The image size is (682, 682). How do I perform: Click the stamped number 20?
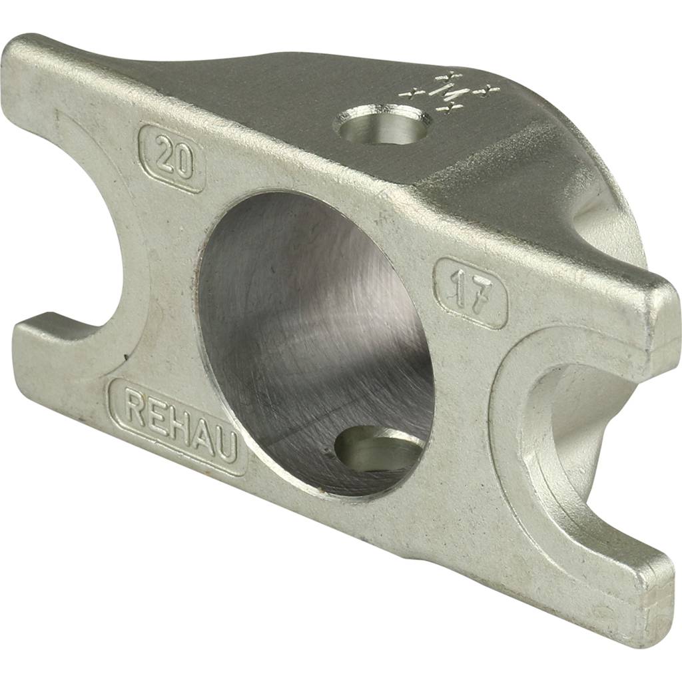172,159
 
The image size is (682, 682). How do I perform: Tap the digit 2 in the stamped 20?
163,155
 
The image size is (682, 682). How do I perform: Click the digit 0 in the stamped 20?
183,164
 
